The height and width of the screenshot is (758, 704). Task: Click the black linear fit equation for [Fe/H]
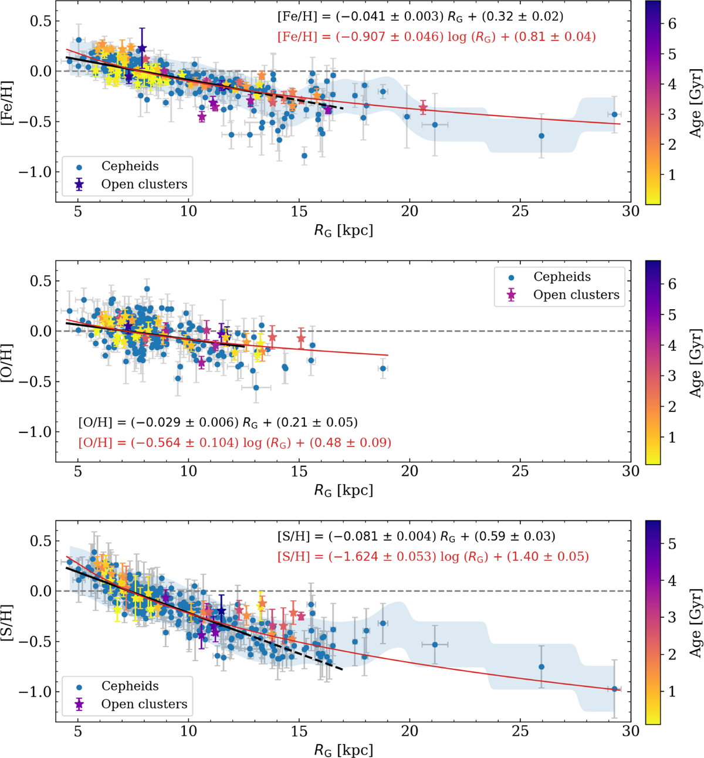[x=420, y=16]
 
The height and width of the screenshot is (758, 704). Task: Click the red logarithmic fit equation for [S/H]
[x=433, y=556]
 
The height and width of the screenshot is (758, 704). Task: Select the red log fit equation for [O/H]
[x=235, y=442]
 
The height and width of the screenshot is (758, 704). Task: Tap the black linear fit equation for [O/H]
[x=218, y=422]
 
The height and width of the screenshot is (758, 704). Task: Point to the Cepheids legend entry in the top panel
[x=130, y=167]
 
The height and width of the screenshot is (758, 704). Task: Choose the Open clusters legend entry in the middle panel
[x=576, y=295]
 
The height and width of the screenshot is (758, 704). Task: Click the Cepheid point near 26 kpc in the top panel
[x=541, y=136]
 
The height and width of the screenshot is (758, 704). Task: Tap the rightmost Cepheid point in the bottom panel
[x=614, y=689]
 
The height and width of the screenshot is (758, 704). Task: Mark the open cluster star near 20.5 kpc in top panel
[x=423, y=108]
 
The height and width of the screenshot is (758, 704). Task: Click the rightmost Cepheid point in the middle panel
[x=383, y=368]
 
